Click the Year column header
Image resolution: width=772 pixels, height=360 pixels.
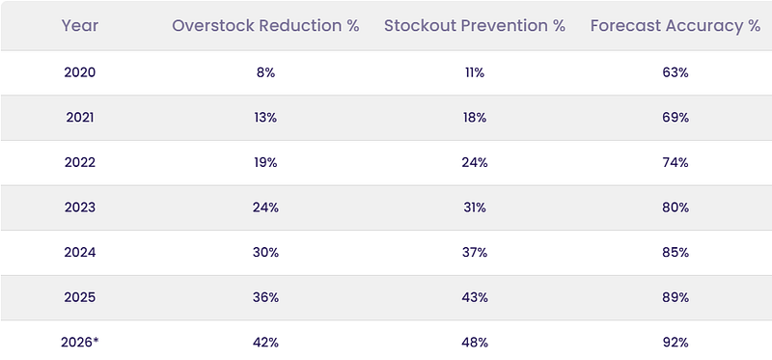(x=80, y=26)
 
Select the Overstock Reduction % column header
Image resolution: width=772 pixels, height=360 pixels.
(x=265, y=26)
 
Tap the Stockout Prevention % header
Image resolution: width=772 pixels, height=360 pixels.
(x=475, y=26)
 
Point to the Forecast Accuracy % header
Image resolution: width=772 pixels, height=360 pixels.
(x=675, y=26)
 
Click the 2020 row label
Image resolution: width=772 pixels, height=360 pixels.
(x=80, y=73)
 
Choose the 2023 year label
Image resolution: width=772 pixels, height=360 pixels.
(x=80, y=208)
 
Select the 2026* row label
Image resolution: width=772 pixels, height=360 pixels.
(x=80, y=343)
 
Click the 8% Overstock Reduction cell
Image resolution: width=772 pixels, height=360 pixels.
(x=265, y=73)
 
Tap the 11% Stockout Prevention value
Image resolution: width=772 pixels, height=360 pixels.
(x=475, y=73)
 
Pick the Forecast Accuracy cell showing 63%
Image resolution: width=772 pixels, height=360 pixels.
(x=675, y=73)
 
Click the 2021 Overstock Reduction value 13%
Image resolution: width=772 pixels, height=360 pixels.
(x=265, y=118)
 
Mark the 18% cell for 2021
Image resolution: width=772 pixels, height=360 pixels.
(x=475, y=118)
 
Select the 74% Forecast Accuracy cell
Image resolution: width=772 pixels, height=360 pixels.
(x=675, y=162)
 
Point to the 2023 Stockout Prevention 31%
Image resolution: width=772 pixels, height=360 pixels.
(x=475, y=208)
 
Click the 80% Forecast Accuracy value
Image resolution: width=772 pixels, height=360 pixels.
(x=675, y=208)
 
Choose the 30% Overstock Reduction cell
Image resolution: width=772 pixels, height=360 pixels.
(x=265, y=253)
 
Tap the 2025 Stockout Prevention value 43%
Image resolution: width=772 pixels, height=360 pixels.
(x=475, y=297)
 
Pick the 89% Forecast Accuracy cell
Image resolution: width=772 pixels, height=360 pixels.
(x=675, y=297)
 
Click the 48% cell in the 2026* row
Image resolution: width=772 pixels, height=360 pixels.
(x=475, y=343)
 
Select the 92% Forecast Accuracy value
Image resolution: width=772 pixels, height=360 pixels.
(x=675, y=343)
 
